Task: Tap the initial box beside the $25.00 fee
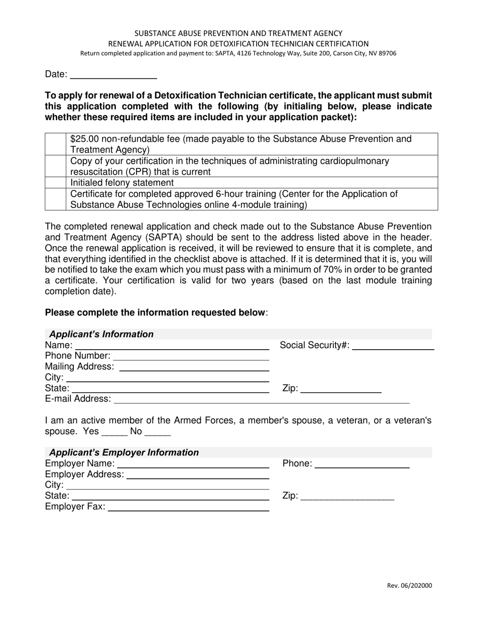(55, 144)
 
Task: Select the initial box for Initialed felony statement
(55, 182)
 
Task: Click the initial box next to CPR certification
(55, 166)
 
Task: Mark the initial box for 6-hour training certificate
(55, 199)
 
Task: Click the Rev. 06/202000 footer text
(409, 585)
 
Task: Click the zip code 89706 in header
(387, 53)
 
